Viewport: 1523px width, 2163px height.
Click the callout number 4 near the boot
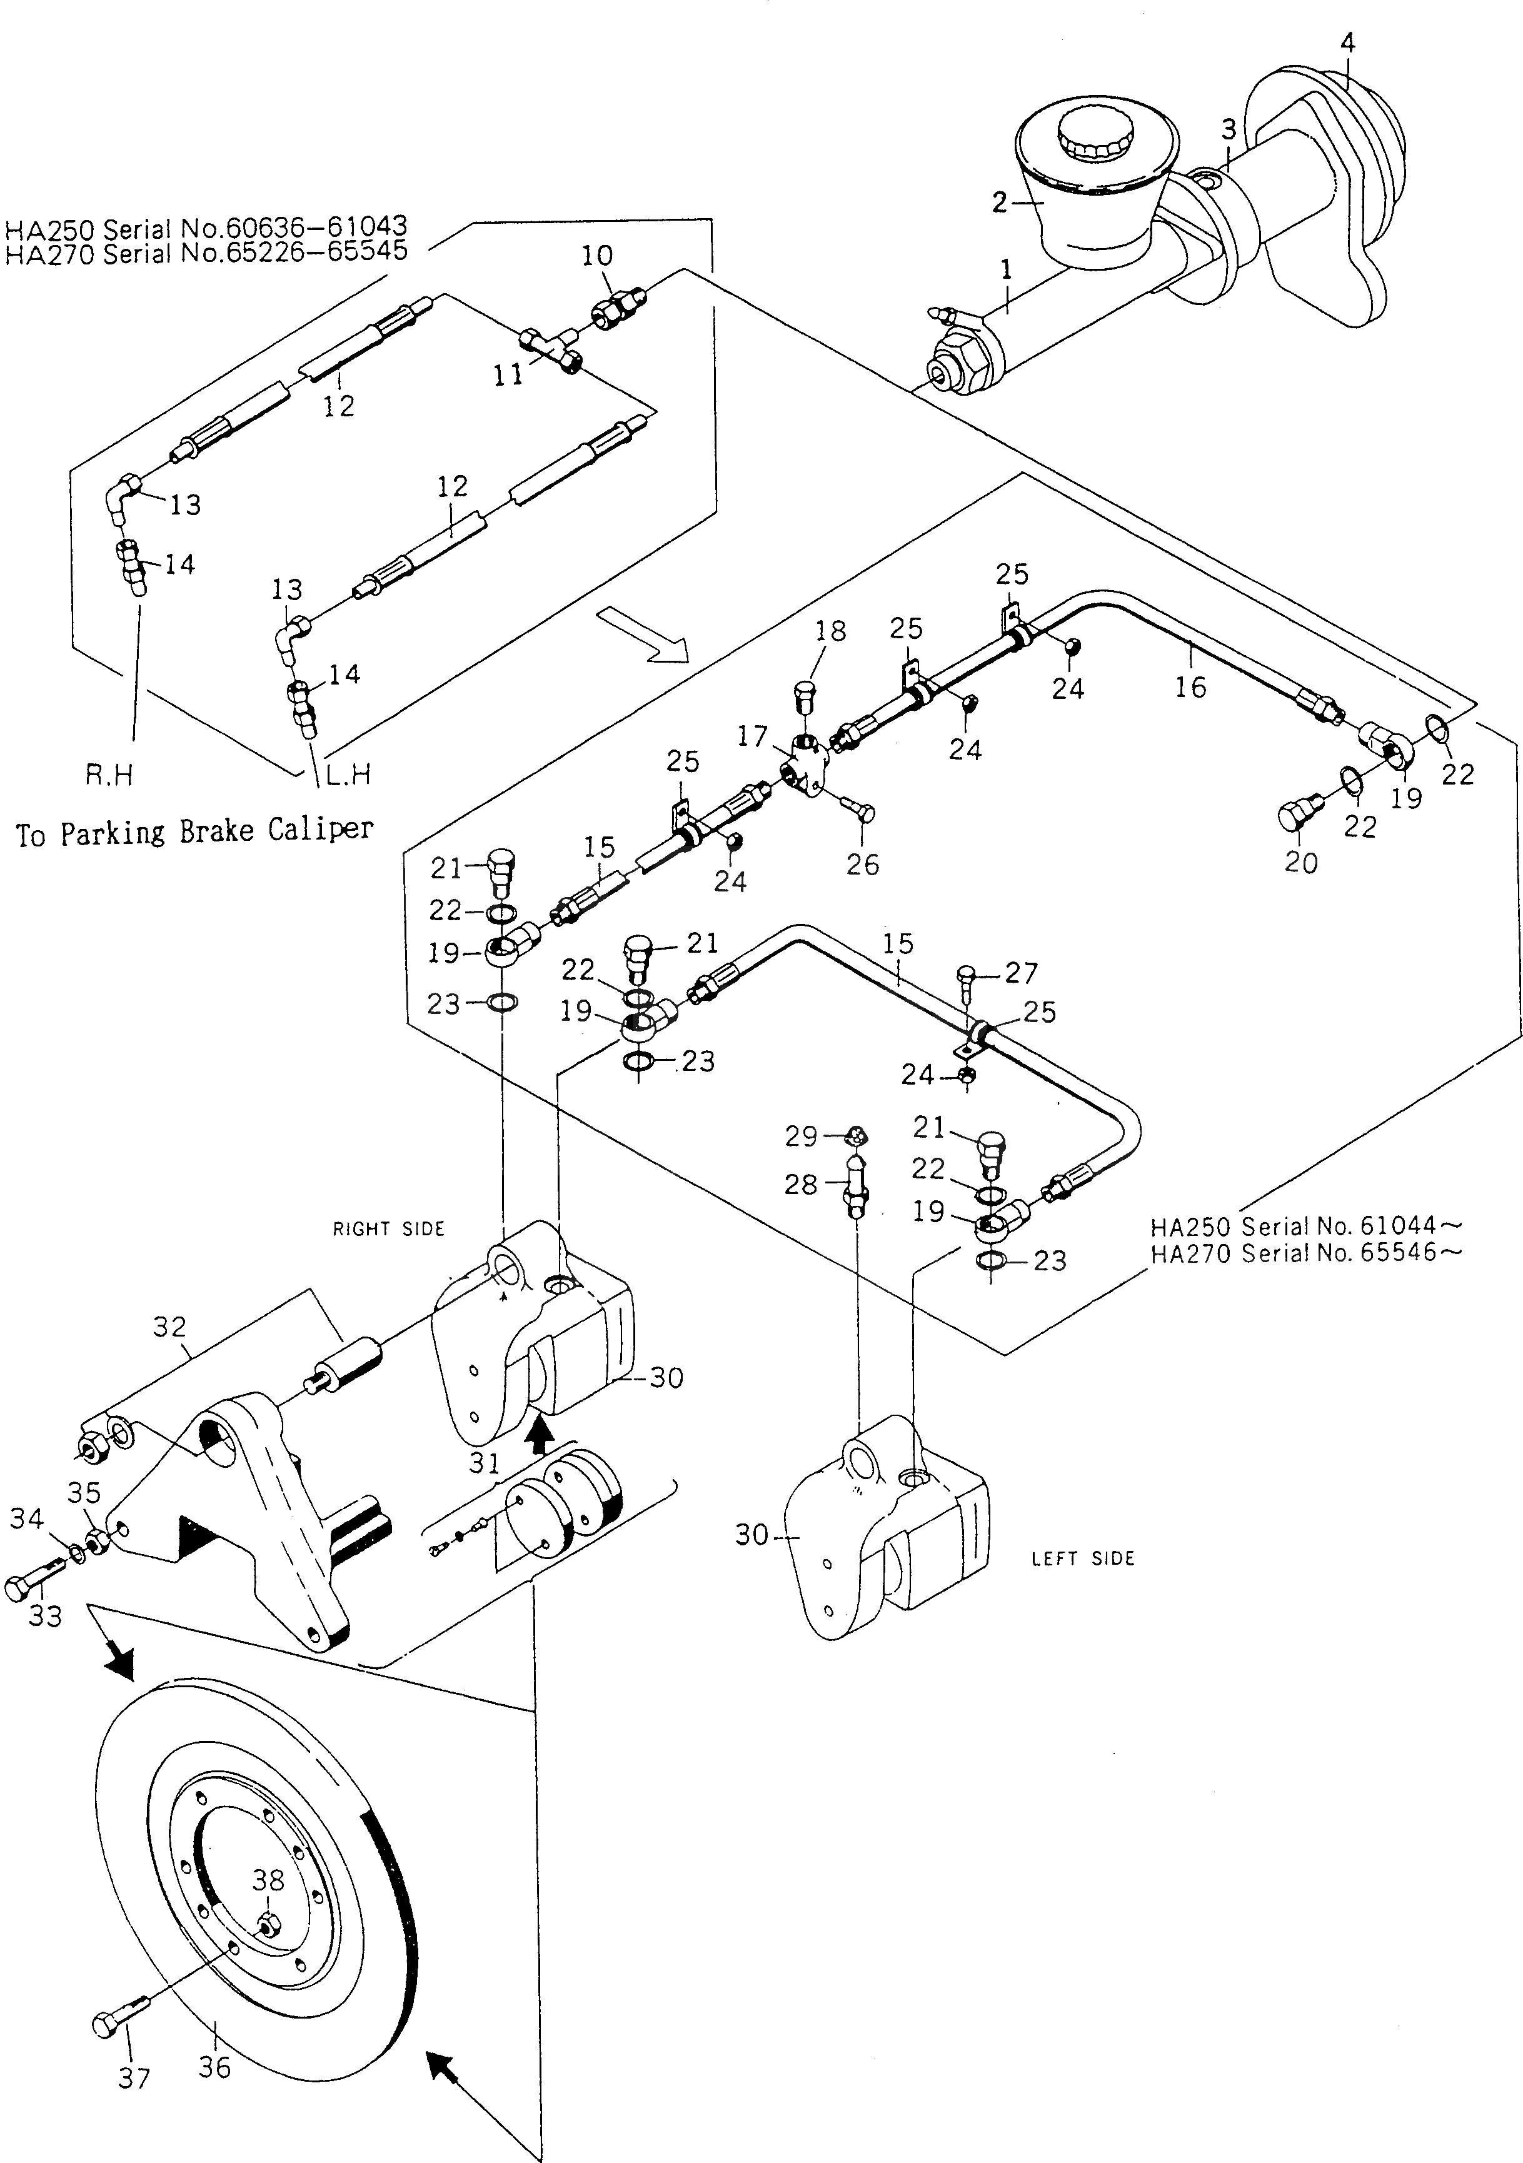tap(1348, 43)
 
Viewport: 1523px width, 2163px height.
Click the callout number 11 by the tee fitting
tap(508, 375)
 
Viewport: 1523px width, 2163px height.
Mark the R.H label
tap(109, 775)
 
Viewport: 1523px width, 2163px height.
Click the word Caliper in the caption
tap(321, 830)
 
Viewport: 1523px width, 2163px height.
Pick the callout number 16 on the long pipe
tap(1190, 687)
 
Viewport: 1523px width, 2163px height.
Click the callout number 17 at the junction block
tap(752, 736)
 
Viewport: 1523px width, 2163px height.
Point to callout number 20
tap(1302, 862)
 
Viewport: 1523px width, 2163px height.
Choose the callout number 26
tap(862, 864)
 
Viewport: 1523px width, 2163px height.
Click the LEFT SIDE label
tap(1083, 1558)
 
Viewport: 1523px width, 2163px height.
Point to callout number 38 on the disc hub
tap(269, 1880)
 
